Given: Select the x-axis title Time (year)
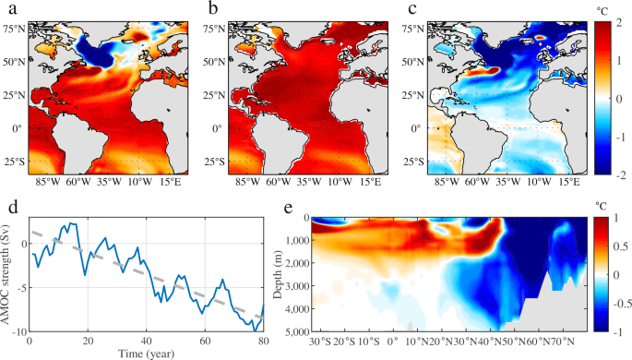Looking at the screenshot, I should coord(148,352).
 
